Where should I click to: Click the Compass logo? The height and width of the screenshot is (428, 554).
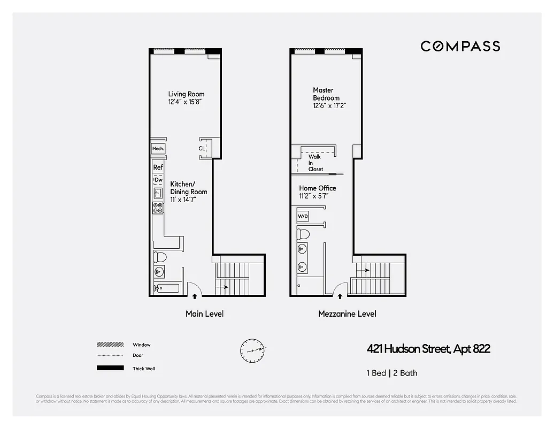pyautogui.click(x=460, y=46)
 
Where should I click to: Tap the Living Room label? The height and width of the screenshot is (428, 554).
pyautogui.click(x=186, y=97)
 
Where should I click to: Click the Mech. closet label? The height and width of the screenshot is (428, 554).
pyautogui.click(x=158, y=149)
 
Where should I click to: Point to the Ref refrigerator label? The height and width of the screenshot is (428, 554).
pyautogui.click(x=158, y=167)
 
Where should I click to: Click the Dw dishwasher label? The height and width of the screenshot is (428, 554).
pyautogui.click(x=158, y=180)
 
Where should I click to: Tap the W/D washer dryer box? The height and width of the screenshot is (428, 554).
pyautogui.click(x=303, y=216)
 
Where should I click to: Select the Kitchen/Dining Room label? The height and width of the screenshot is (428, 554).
pyautogui.click(x=189, y=192)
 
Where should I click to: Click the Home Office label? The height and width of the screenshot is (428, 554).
pyautogui.click(x=318, y=192)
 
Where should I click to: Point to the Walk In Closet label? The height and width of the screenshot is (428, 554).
pyautogui.click(x=316, y=163)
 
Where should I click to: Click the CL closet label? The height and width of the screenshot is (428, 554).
pyautogui.click(x=202, y=149)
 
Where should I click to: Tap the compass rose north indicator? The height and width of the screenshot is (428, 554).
pyautogui.click(x=252, y=350)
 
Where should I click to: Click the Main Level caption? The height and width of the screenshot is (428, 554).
pyautogui.click(x=204, y=314)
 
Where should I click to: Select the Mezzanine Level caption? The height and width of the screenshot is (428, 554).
pyautogui.click(x=347, y=314)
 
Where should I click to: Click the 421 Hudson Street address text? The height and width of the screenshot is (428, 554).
pyautogui.click(x=428, y=349)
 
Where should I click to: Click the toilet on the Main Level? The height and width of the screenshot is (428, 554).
pyautogui.click(x=160, y=258)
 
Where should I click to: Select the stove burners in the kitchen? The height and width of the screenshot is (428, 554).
pyautogui.click(x=158, y=208)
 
